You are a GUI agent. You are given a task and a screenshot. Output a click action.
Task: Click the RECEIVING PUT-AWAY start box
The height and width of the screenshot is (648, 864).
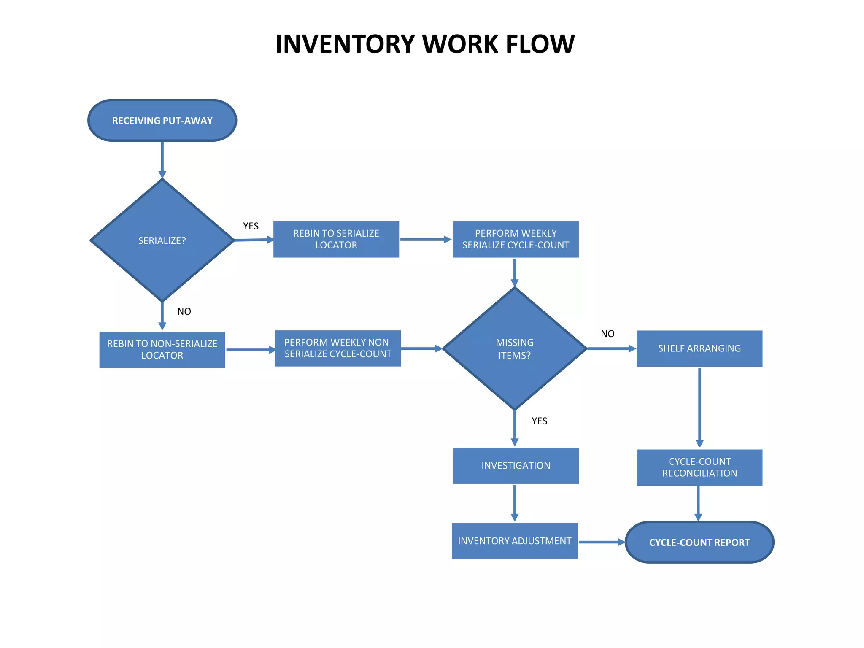[162, 121]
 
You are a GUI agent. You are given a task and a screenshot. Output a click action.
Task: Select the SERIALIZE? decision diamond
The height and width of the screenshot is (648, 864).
[162, 240]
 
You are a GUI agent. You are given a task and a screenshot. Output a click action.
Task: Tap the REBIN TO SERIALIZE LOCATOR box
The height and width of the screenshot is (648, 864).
[336, 239]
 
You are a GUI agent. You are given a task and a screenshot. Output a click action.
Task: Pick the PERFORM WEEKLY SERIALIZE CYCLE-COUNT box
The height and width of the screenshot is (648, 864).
[516, 239]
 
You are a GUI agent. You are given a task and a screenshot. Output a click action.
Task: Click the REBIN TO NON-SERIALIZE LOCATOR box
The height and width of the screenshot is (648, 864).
[162, 350]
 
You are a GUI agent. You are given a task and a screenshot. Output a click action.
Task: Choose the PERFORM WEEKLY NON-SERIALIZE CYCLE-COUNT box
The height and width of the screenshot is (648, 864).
[338, 348]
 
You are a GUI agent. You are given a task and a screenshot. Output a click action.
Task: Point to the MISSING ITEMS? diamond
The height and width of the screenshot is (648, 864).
[515, 348]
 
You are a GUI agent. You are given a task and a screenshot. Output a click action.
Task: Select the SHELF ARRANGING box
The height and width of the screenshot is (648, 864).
[699, 348]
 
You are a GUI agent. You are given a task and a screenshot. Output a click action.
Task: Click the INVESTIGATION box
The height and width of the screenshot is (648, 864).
[516, 466]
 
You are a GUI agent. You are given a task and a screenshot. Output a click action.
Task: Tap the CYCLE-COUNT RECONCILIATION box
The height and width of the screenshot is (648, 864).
[699, 467]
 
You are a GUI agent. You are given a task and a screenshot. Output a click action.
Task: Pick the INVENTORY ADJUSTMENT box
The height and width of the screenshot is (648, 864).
[514, 541]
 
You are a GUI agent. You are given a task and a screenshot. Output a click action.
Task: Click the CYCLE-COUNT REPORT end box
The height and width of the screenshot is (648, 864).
[699, 543]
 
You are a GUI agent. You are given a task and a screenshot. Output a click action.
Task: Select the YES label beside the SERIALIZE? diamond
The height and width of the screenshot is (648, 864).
[251, 226]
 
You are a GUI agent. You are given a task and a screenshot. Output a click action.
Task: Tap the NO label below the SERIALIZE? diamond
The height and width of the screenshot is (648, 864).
[184, 311]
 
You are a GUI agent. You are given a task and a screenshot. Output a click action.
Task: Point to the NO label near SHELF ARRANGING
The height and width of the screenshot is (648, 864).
[607, 334]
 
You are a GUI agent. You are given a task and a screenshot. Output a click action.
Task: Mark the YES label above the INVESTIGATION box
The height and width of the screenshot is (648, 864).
[539, 421]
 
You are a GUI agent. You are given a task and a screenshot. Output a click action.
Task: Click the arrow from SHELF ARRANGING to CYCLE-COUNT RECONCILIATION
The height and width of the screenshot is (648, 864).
[699, 407]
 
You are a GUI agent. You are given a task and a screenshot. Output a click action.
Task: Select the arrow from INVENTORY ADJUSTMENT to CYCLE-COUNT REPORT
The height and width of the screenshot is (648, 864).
[601, 542]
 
